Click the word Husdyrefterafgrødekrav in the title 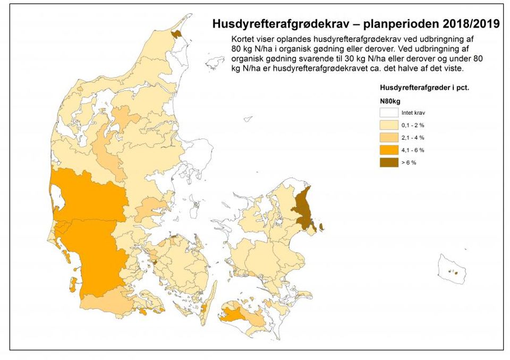276,24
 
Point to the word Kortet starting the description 243,40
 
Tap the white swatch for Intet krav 388,113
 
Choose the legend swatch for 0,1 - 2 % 388,125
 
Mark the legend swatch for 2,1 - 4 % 388,138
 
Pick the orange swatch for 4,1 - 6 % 388,150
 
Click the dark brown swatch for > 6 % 388,162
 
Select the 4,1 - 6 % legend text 413,150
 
